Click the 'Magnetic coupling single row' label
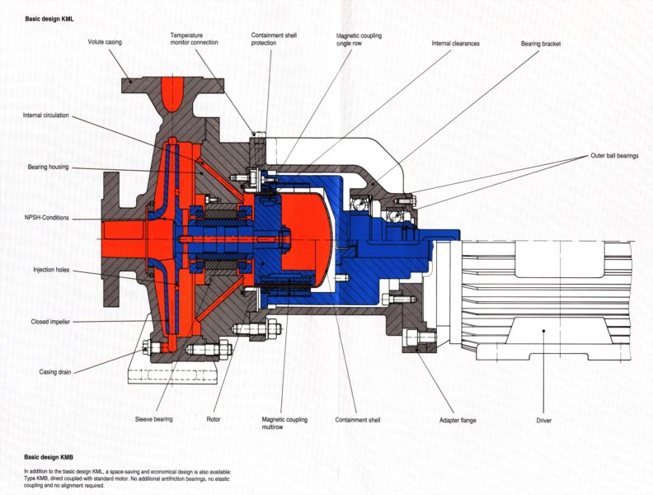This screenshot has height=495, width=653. click(x=359, y=40)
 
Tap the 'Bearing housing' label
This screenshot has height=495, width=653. click(x=46, y=167)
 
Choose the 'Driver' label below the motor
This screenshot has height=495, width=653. click(x=543, y=420)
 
